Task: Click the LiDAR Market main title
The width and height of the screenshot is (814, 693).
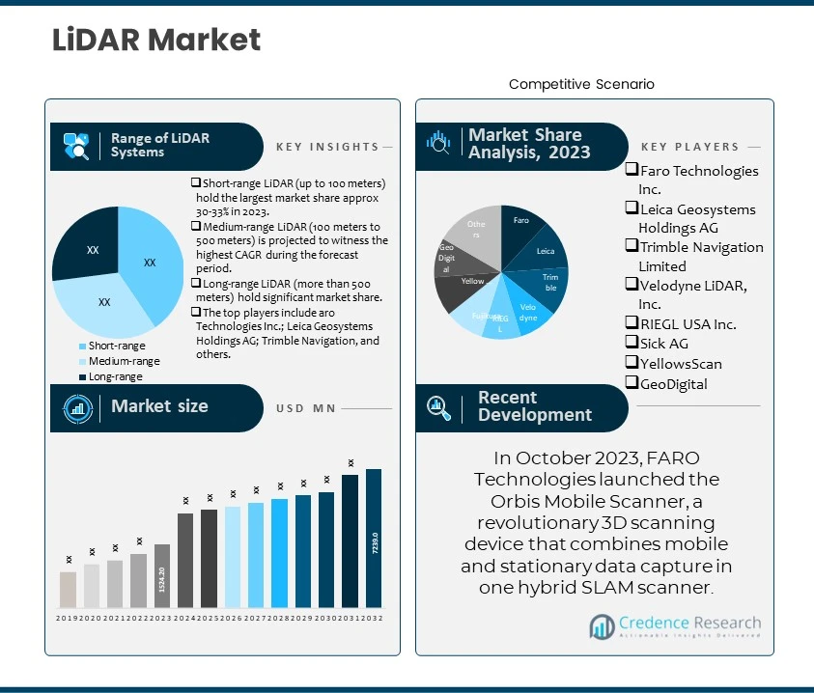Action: coord(155,40)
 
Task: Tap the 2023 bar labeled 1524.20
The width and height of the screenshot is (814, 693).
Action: coord(162,576)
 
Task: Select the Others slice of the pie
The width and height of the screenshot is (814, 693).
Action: coord(472,232)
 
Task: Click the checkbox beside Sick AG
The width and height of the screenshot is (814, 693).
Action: coord(632,344)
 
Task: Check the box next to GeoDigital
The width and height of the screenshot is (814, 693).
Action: coord(632,383)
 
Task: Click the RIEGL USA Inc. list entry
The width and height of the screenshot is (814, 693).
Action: coord(688,324)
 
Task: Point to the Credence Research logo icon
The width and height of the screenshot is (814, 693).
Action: coord(603,627)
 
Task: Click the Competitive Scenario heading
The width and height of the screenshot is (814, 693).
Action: coord(581,85)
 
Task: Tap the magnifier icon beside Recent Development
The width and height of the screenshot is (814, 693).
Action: coord(439,407)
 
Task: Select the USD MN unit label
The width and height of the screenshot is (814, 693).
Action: coord(305,408)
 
